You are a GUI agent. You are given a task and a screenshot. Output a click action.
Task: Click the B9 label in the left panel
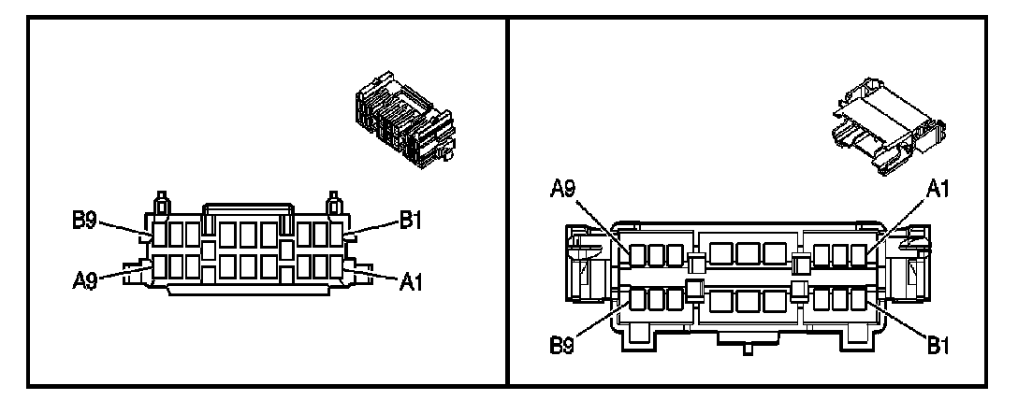[x=87, y=221]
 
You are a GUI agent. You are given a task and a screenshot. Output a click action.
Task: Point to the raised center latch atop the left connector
[x=246, y=208]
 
